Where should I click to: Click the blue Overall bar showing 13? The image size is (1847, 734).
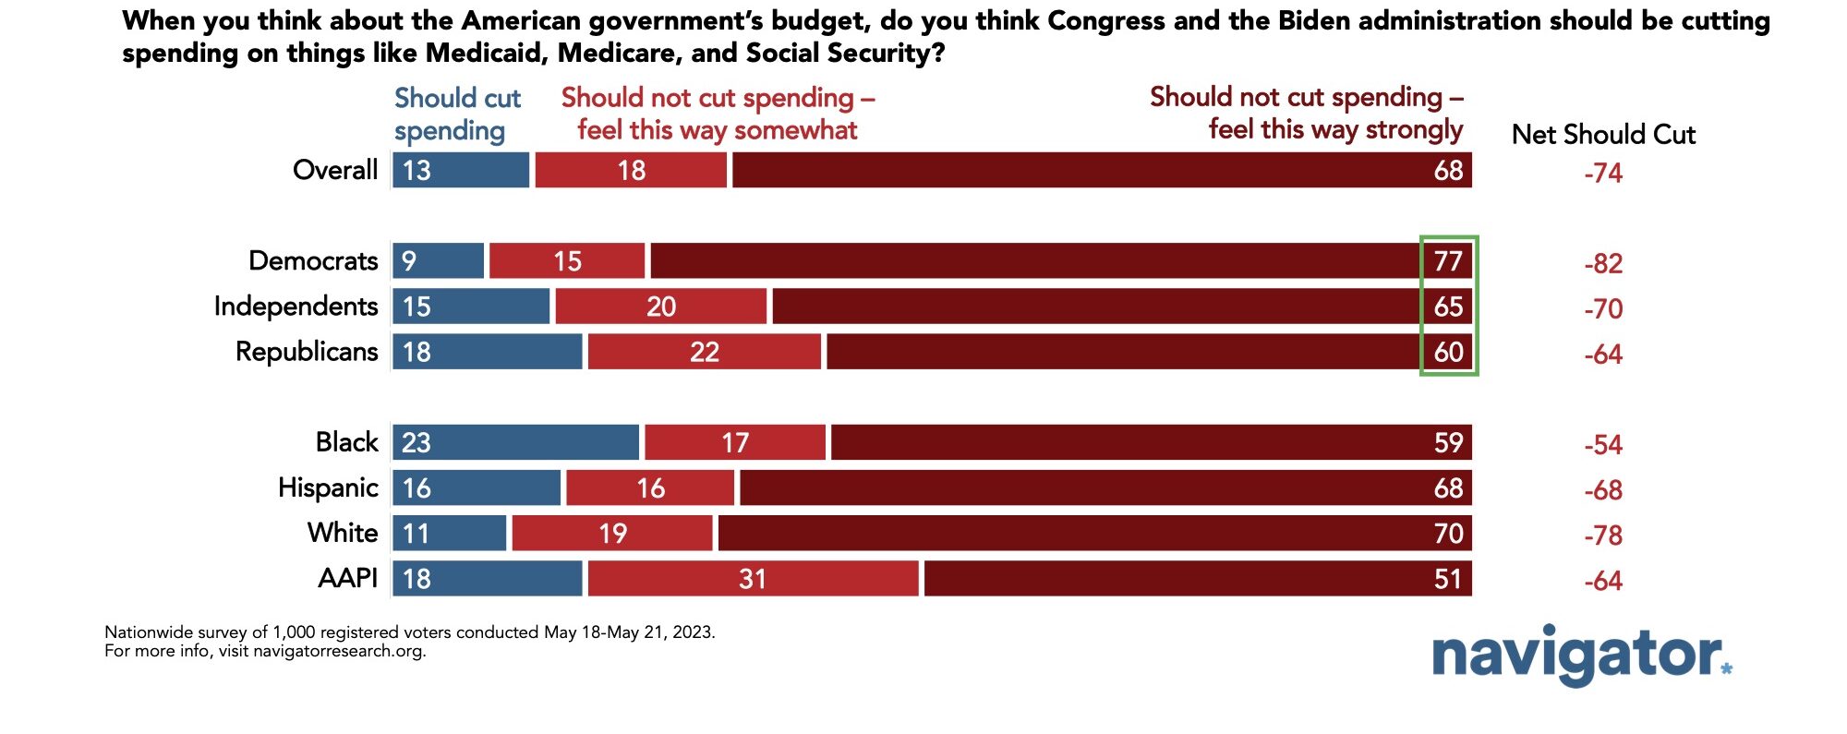click(461, 171)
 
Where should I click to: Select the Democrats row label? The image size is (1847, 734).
click(313, 261)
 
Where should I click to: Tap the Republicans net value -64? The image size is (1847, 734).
click(1603, 355)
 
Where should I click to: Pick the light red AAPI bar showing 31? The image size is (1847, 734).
click(753, 579)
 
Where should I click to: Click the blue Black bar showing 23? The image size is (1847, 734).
click(515, 443)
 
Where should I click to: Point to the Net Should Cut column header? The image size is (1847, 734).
click(1603, 135)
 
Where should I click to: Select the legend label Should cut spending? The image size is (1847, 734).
click(457, 114)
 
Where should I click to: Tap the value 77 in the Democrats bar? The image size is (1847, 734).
click(1448, 261)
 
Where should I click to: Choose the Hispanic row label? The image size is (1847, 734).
click(328, 487)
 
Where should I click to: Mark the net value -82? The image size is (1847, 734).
click(1603, 264)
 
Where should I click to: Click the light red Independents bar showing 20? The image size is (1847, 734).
click(660, 307)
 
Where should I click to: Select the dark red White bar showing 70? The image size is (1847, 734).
click(1094, 534)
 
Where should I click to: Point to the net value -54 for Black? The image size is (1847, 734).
click(1603, 445)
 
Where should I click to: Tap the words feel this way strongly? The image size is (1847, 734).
click(1335, 129)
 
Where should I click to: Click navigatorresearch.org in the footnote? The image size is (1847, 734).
click(338, 651)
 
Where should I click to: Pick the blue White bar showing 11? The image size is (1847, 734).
click(449, 534)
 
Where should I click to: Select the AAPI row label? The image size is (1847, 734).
click(347, 578)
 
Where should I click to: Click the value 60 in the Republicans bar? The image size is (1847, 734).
click(1448, 352)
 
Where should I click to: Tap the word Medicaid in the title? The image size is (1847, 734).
click(487, 54)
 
